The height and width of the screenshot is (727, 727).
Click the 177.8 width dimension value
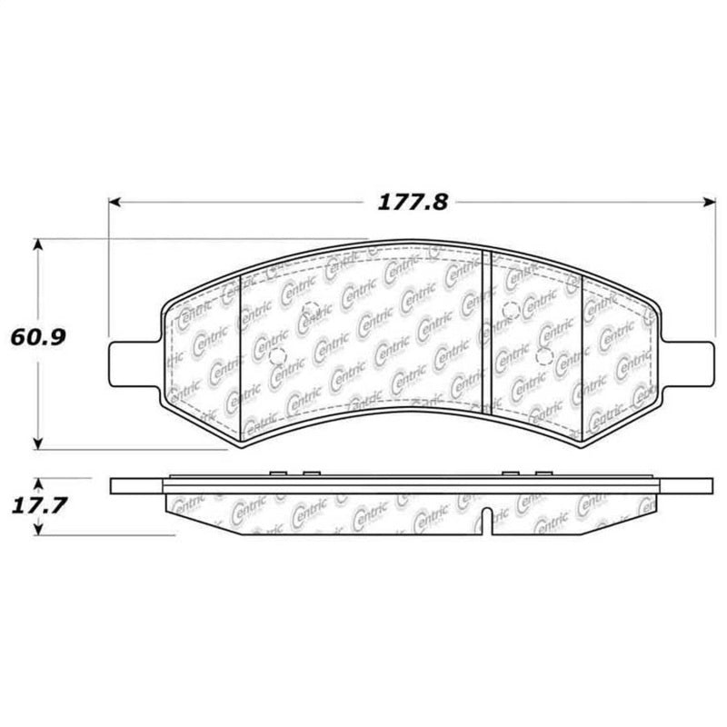pos(413,203)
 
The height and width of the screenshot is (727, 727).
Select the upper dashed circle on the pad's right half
pos(511,309)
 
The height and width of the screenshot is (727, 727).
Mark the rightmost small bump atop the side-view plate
pos(543,473)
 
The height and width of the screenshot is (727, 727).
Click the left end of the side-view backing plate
pos(113,486)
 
